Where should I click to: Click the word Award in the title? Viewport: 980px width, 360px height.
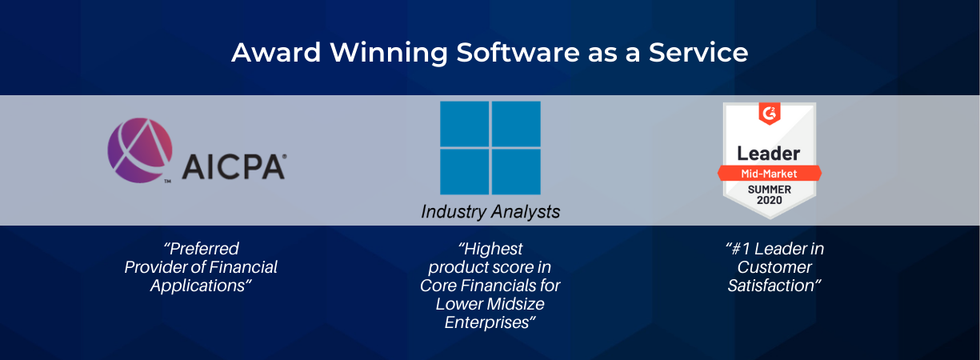tap(277, 53)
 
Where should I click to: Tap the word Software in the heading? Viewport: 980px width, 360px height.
tap(518, 53)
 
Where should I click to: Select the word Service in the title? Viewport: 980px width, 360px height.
tap(698, 53)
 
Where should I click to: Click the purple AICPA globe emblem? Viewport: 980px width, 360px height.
tap(140, 150)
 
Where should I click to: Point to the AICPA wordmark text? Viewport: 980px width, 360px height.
tap(234, 166)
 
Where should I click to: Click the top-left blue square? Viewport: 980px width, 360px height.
tap(464, 124)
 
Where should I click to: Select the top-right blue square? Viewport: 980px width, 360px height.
tap(516, 124)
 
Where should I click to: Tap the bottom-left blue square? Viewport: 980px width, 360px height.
tap(464, 172)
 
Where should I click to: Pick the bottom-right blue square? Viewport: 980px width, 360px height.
tap(516, 172)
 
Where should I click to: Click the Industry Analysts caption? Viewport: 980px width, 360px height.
tap(490, 212)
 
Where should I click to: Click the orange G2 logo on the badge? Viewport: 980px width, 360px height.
tap(770, 114)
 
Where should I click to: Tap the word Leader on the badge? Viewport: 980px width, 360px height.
tap(769, 154)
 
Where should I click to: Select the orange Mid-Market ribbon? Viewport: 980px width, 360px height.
tap(770, 174)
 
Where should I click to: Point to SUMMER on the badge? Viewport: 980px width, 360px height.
tap(770, 190)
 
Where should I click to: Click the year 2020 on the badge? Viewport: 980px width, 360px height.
tap(770, 200)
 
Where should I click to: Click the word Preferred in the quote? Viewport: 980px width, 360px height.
tap(202, 249)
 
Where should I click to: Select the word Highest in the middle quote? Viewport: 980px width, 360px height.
tap(490, 249)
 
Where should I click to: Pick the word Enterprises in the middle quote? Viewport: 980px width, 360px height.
tap(490, 322)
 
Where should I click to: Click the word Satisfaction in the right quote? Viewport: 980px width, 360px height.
tap(774, 286)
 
